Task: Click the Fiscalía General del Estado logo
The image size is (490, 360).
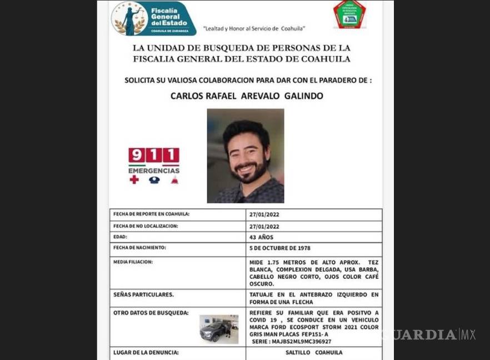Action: tap(153, 18)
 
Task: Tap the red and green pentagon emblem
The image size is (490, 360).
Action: tap(349, 15)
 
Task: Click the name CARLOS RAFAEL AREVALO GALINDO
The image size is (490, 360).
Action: tap(247, 96)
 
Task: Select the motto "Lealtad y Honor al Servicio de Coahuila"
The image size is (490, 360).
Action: tap(254, 29)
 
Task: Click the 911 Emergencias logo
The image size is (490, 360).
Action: tap(154, 165)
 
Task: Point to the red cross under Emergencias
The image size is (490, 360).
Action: tap(134, 179)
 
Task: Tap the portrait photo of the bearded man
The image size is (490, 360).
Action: tap(246, 156)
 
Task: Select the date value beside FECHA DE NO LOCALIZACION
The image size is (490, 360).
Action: tap(264, 227)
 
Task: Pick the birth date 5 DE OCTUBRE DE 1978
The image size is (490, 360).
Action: tap(279, 248)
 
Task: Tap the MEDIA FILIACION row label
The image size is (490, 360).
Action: tap(133, 262)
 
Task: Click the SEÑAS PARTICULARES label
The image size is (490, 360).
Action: tap(143, 294)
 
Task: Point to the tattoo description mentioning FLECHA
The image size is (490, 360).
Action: tap(314, 298)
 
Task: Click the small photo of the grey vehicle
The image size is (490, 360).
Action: tap(219, 329)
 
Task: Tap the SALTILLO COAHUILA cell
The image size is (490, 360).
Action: tap(313, 353)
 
